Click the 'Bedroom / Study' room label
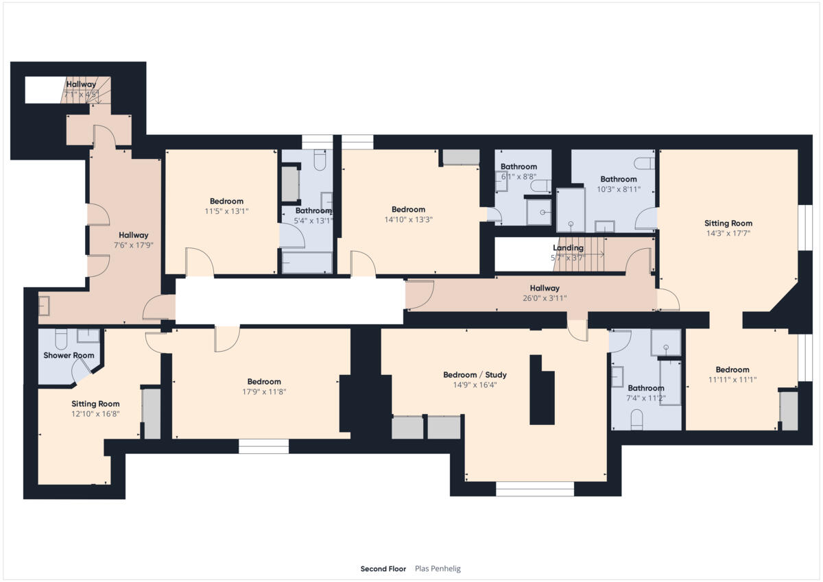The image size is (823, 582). (475, 375)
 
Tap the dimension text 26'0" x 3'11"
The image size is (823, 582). (544, 298)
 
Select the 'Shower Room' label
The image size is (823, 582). (69, 355)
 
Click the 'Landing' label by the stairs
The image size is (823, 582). (568, 248)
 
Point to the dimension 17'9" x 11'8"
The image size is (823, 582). (264, 392)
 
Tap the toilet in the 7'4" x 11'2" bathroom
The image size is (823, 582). (636, 417)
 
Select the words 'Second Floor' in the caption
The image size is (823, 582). (383, 569)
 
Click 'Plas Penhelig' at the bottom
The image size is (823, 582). (438, 569)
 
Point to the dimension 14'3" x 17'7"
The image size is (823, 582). (728, 233)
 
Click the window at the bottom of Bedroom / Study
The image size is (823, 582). (534, 489)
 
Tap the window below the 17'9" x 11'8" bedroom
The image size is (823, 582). (263, 446)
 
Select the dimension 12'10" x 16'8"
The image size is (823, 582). (95, 414)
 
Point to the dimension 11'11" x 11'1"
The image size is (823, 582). (732, 379)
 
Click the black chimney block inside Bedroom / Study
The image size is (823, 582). (541, 391)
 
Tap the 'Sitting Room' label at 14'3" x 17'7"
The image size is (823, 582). (728, 223)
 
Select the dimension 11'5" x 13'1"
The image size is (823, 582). (226, 211)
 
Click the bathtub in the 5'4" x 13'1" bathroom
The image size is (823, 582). (307, 263)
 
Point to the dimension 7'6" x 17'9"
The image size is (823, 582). (133, 245)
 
